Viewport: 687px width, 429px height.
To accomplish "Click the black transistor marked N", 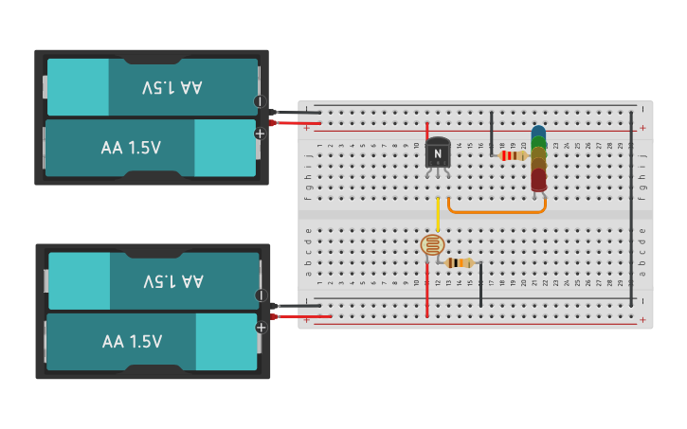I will (438, 153).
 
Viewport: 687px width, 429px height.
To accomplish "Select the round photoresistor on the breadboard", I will (432, 245).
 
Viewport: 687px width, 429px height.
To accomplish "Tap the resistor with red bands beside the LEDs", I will (513, 155).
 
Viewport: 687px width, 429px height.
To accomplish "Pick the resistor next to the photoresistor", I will (460, 262).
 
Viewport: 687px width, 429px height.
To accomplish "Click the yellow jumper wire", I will (438, 213).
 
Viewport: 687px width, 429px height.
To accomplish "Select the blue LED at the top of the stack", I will (538, 134).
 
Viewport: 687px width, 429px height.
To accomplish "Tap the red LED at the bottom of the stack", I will (538, 178).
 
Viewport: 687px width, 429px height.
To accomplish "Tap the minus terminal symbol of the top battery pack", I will (259, 101).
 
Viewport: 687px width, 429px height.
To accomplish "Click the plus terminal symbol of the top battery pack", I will (259, 134).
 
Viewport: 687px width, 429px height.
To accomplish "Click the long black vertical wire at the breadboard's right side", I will (632, 208).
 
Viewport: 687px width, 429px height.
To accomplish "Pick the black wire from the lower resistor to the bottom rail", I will (480, 286).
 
